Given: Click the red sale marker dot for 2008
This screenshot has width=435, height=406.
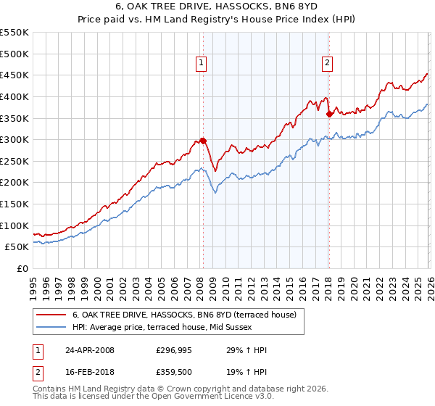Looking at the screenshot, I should pyautogui.click(x=203, y=141).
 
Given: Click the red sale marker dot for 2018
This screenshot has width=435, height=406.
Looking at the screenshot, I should pyautogui.click(x=329, y=114).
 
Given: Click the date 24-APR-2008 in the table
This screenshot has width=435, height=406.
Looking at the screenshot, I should pyautogui.click(x=89, y=350).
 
